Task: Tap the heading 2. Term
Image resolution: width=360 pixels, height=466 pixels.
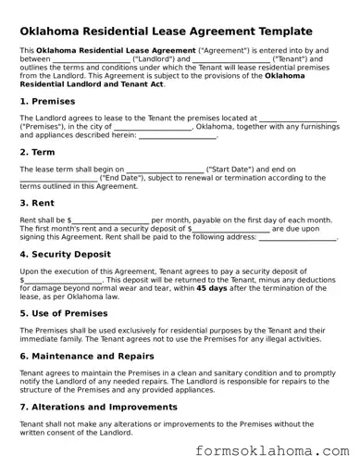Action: click(x=40, y=150)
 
